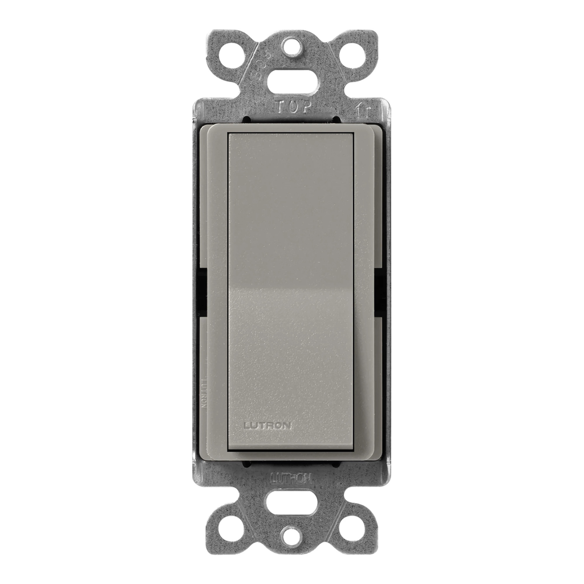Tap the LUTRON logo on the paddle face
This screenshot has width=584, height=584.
tap(267, 425)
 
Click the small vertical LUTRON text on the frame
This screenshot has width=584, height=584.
tap(204, 392)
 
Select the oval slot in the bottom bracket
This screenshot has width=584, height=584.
tap(291, 504)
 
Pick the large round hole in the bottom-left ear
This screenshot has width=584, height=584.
tap(232, 528)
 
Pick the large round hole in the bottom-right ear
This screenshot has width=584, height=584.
tap(351, 528)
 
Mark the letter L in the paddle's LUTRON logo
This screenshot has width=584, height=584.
tap(246, 425)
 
